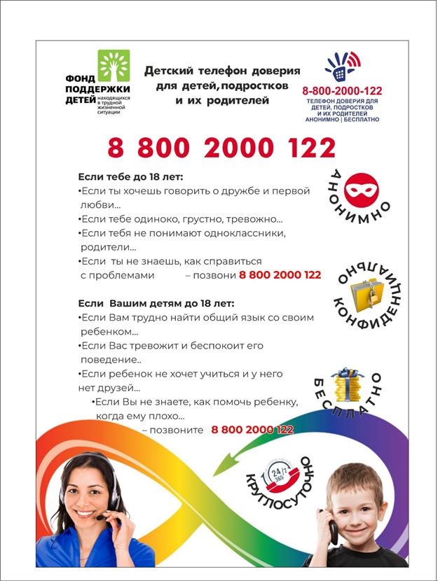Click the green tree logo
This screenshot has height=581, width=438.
pyautogui.click(x=114, y=65)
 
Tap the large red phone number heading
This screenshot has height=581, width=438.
pyautogui.click(x=221, y=148)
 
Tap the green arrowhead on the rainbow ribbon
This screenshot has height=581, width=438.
pyautogui.click(x=223, y=463)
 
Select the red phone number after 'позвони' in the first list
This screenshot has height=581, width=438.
pyautogui.click(x=280, y=275)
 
